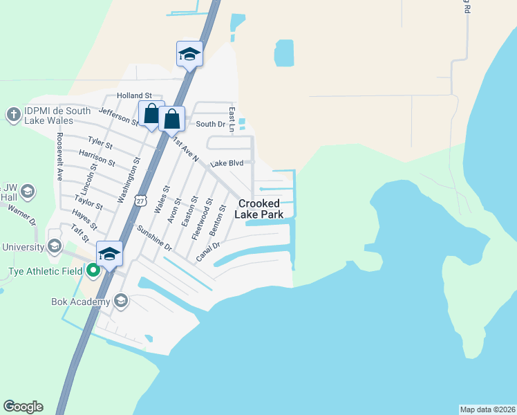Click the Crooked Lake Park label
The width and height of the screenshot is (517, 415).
click(x=260, y=209)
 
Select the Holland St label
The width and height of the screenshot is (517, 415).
click(x=135, y=95)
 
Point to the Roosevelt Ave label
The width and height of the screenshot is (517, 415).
click(x=59, y=156)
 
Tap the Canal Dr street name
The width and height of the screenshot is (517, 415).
click(x=207, y=252)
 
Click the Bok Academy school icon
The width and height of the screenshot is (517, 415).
click(x=121, y=300)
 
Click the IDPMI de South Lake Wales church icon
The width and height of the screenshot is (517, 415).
click(x=13, y=114)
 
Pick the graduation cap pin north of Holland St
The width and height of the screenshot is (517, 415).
click(x=189, y=55)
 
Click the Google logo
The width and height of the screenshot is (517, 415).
click(x=23, y=407)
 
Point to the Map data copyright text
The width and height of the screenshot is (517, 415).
click(x=487, y=409)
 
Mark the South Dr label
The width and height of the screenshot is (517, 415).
click(x=211, y=124)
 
